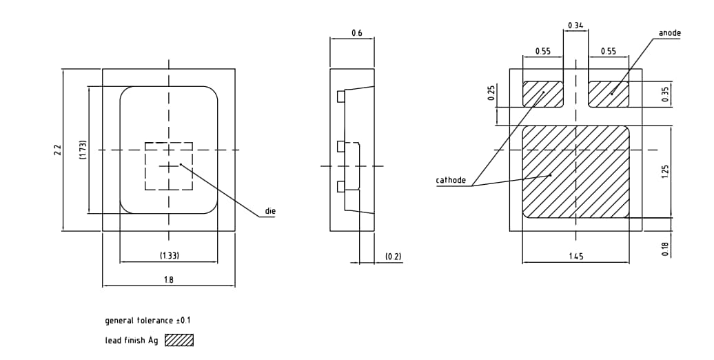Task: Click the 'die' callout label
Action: coord(270,211)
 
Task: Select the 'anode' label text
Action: coord(669,33)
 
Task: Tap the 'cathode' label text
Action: coord(451,181)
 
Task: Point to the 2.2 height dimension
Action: coord(57,150)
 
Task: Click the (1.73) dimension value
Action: coord(82,150)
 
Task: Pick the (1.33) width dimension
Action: coord(169,256)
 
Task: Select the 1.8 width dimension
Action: coord(169,279)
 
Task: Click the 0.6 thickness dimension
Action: coord(356,33)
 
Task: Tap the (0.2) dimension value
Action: coord(393,257)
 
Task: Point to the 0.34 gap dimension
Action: coord(575,26)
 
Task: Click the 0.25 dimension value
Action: coord(491,93)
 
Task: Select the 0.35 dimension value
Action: coord(664,94)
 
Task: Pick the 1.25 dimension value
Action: coord(664,171)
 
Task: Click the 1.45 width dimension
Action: coord(575,257)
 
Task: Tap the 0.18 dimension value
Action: coord(664,249)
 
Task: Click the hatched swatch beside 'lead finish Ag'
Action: coord(179,340)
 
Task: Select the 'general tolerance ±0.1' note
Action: coord(147,321)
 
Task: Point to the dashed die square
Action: coord(169,166)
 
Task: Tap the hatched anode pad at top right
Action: coord(609,94)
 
